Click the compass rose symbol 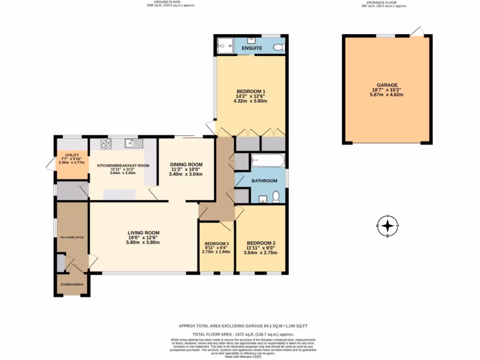click(x=388, y=226)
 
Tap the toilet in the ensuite click(x=278, y=47)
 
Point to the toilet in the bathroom click(x=276, y=196)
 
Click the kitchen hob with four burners click(x=106, y=143)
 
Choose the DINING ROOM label click(x=186, y=165)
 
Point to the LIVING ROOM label click(x=144, y=232)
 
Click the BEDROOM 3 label click(x=216, y=243)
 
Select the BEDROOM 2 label click(x=261, y=243)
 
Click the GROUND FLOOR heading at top click(x=171, y=2)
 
